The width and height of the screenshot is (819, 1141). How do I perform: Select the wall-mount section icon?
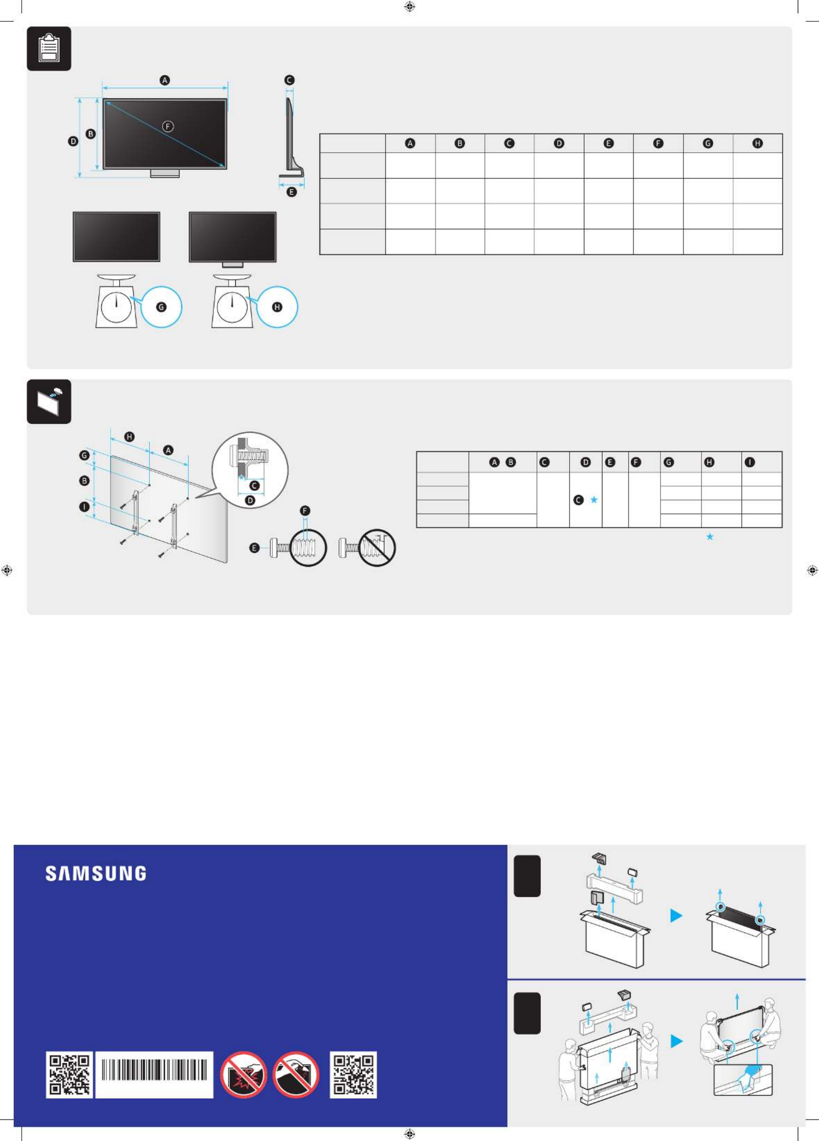pos(49,402)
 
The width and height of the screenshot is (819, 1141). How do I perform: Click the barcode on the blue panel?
pos(154,1075)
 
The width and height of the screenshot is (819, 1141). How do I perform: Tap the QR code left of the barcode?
pos(70,1075)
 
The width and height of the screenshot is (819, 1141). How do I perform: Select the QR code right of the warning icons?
pos(353,1075)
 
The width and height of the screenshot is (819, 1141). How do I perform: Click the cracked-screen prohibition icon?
pos(244,1075)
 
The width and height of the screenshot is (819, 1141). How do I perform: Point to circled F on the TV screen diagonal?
pos(168,126)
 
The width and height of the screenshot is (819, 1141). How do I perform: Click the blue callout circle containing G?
pos(161,307)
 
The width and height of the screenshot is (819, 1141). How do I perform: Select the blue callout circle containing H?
pos(277,307)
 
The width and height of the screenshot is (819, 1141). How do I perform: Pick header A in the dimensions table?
pos(411,143)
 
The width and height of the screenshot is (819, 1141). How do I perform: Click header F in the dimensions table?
pos(658,143)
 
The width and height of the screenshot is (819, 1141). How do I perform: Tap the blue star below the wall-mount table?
pos(710,537)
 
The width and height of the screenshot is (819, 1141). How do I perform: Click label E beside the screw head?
pos(255,548)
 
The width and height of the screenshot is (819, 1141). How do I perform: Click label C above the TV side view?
pos(289,80)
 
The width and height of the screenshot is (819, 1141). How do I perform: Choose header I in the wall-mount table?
pos(750,462)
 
